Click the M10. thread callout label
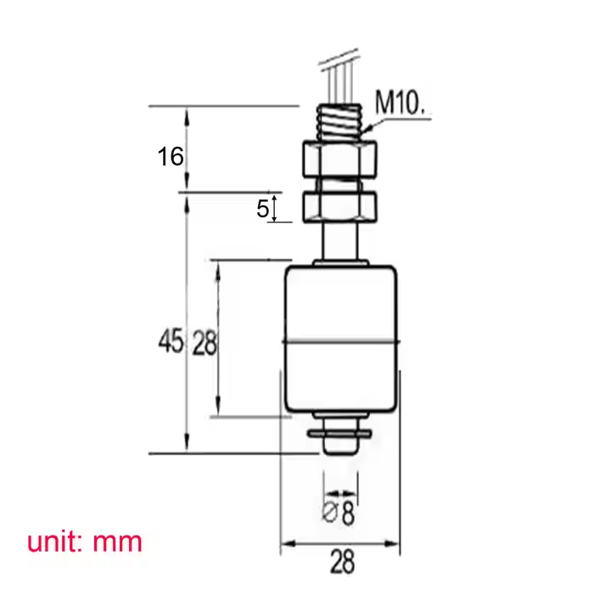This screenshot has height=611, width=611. pos(400,103)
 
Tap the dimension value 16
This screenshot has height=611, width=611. pos(171,157)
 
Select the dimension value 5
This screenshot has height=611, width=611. pos(262,209)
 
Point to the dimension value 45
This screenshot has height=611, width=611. pos(171,341)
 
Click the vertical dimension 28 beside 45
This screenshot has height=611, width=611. pos(205,343)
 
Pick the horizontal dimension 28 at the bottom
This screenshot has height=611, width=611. pos(343,562)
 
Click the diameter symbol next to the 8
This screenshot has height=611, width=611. pos(329,512)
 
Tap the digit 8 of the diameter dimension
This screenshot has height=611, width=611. pos(348,513)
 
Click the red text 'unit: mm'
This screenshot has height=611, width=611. pos(85,541)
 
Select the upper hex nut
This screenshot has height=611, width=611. pos(339,159)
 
